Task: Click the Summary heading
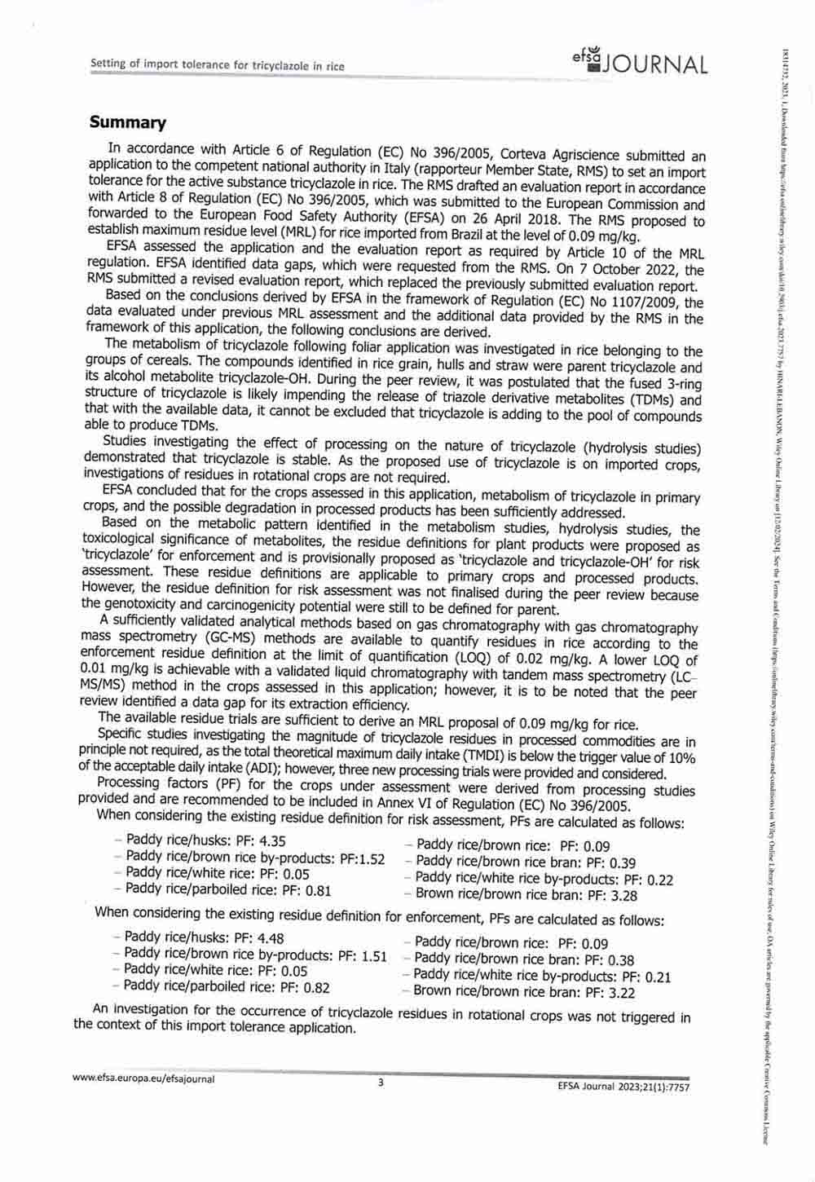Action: point(128,123)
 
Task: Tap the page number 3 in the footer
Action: point(380,1083)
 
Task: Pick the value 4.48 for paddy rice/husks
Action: point(270,938)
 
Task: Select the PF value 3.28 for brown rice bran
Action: point(620,895)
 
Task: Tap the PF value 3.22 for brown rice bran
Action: point(618,992)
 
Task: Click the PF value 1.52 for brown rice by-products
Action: point(372,858)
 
